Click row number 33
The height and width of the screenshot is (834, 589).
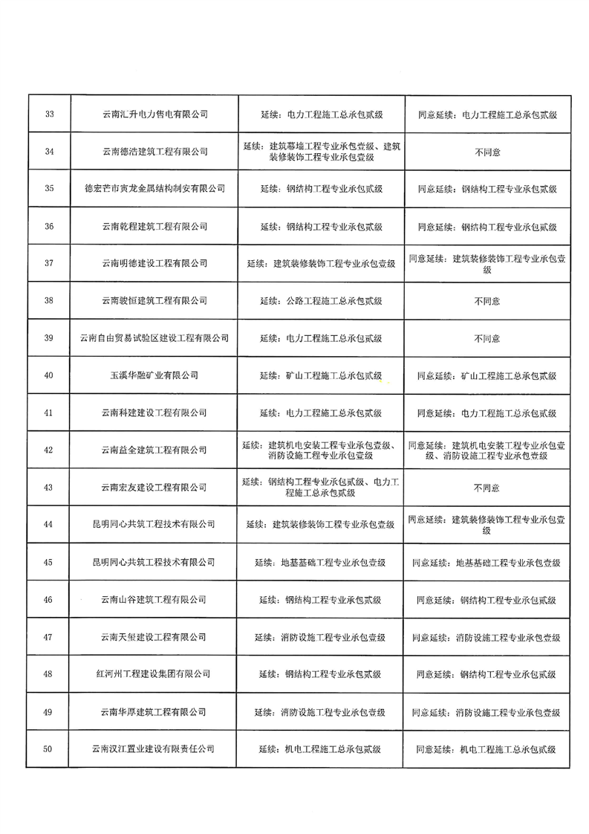(x=49, y=114)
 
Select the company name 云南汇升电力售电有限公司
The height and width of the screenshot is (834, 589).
(x=154, y=114)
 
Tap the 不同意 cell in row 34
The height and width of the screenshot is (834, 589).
(x=487, y=152)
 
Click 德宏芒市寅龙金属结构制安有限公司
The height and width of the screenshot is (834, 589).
(x=154, y=189)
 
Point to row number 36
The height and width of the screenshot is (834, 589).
(x=49, y=227)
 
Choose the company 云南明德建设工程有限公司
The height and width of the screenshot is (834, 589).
(x=154, y=264)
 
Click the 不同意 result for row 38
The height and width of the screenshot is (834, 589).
(x=487, y=301)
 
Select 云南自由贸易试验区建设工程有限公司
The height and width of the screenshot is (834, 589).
(x=154, y=338)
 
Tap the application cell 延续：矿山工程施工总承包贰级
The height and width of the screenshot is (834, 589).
(x=321, y=376)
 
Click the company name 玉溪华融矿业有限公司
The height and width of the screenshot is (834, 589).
(x=154, y=376)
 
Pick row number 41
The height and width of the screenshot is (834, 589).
(x=49, y=413)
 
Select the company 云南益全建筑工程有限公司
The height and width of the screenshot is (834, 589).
(x=154, y=450)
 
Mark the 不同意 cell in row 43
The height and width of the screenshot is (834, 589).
(x=487, y=488)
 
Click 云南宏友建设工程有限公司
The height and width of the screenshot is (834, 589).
(x=154, y=488)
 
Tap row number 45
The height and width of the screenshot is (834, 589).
(x=49, y=563)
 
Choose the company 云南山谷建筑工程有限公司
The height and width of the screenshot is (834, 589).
(x=154, y=600)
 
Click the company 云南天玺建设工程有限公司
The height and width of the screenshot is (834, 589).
(x=154, y=638)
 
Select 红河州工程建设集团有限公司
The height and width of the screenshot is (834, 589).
(x=154, y=675)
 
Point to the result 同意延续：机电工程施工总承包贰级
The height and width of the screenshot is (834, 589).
(x=487, y=750)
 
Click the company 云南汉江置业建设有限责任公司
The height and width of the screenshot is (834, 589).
(x=154, y=750)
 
